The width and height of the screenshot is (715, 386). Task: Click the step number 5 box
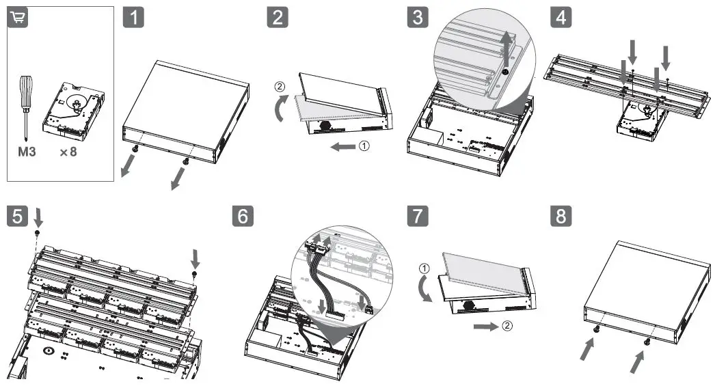[18, 217]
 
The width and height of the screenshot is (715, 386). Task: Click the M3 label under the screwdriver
[27, 152]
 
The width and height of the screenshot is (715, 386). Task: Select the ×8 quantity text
[68, 152]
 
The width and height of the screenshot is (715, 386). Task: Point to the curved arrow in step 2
[280, 107]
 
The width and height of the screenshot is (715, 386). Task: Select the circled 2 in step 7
[507, 326]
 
